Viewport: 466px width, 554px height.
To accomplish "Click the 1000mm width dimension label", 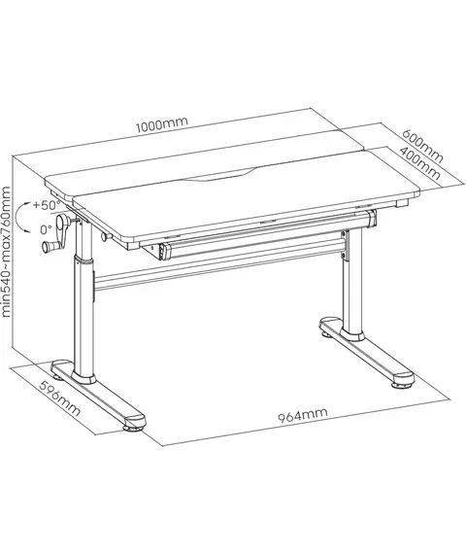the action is pyautogui.click(x=162, y=124).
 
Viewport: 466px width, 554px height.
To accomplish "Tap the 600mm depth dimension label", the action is pyautogui.click(x=422, y=145).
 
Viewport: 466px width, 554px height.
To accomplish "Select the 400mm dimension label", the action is pyautogui.click(x=419, y=163).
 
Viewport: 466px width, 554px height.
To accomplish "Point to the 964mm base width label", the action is pyautogui.click(x=303, y=415).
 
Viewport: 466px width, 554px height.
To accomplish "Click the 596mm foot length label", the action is pyautogui.click(x=59, y=398).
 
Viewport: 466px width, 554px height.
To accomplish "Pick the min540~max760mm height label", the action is pyautogui.click(x=7, y=252).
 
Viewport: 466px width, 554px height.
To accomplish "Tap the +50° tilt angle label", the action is pyautogui.click(x=47, y=205).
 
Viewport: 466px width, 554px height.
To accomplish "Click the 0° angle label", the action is pyautogui.click(x=47, y=230).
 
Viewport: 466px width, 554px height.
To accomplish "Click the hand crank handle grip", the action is pyautogui.click(x=50, y=246).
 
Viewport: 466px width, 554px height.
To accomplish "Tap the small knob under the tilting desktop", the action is pyautogui.click(x=106, y=237).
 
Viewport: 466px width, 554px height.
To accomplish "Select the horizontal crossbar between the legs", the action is pyautogui.click(x=217, y=271).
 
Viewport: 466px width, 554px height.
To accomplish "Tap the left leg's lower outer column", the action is pyautogui.click(x=84, y=316).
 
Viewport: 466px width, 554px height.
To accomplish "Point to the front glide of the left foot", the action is pyautogui.click(x=133, y=428).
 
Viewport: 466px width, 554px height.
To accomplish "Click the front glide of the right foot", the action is pyautogui.click(x=401, y=385).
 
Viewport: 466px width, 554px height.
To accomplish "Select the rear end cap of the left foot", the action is pyautogui.click(x=62, y=366).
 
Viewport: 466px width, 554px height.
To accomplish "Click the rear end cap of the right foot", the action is pyautogui.click(x=330, y=323).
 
